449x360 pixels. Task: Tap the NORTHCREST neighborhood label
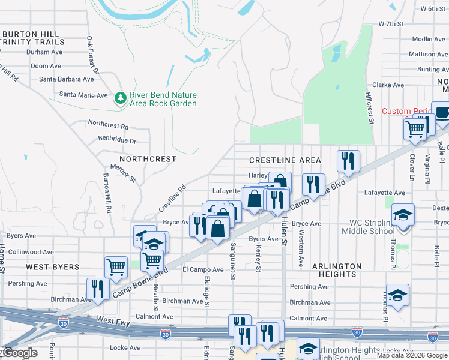coord(148,159)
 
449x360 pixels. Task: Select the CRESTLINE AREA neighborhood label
coord(285,160)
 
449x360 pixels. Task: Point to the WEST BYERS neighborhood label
coord(52,266)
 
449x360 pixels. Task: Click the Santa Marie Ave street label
coord(83,95)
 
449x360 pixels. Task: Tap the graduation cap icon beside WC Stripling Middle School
coord(403,214)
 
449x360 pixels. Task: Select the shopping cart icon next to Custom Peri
coord(415,128)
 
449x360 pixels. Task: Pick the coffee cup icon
coord(442,113)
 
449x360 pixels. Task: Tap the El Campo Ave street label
coord(203,269)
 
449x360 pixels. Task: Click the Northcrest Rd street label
coord(108,127)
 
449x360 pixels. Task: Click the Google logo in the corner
coord(19,353)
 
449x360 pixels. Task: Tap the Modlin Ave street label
coord(429,39)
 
